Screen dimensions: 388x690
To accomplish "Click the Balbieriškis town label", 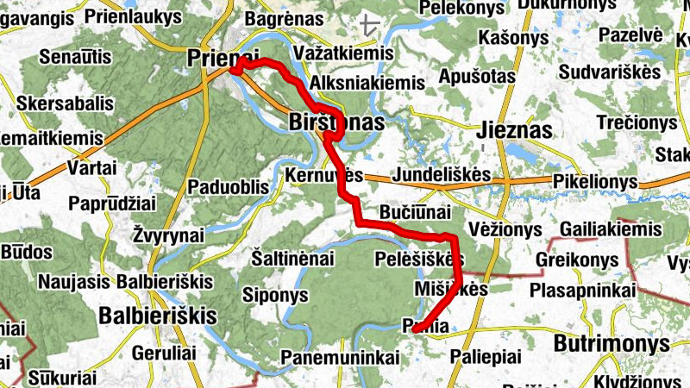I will [x=157, y=315].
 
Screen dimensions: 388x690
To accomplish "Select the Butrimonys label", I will [x=612, y=342].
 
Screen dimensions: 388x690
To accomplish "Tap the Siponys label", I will [x=277, y=295].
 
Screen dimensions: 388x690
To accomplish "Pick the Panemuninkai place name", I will [x=341, y=355].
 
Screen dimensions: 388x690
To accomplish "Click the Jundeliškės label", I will [x=441, y=175].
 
